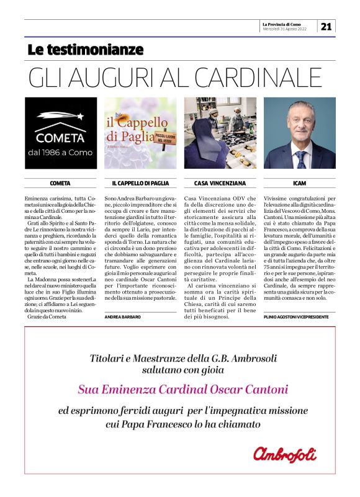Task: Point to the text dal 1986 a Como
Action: [x=60, y=151]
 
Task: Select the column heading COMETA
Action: [x=60, y=184]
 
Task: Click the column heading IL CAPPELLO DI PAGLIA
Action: [x=140, y=184]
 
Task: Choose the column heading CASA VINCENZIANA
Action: [x=220, y=184]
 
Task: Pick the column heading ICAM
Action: [x=300, y=184]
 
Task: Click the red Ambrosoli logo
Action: [x=285, y=454]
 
